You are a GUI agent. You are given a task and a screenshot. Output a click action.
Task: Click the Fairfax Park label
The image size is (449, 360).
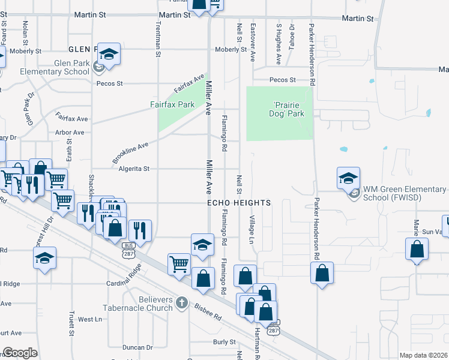[172, 104]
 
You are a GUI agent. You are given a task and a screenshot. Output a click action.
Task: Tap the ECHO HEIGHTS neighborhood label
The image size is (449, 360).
[239, 203]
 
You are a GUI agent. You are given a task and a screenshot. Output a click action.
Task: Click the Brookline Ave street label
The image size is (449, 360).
[130, 153]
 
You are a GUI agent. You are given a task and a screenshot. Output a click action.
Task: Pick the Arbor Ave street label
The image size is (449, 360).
[70, 132]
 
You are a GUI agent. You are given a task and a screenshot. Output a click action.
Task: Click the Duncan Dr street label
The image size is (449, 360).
[137, 347]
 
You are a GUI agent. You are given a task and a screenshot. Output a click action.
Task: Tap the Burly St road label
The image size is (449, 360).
[224, 341]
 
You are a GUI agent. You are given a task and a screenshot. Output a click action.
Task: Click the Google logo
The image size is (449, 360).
[20, 353]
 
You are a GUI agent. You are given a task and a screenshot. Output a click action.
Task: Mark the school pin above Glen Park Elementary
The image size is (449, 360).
[109, 53]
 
